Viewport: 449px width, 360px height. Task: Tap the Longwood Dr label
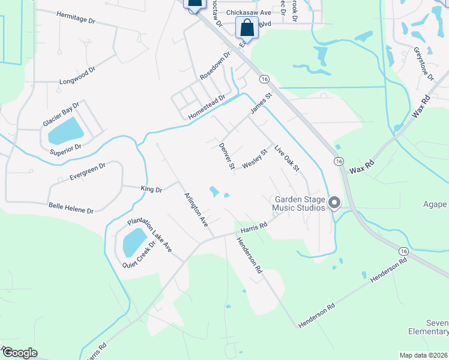pos(77,76)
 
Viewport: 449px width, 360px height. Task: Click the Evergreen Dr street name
pos(87,170)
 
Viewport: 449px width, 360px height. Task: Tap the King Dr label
pos(151,190)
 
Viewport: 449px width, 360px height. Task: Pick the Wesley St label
pos(254,160)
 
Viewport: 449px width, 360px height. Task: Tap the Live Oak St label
pos(286,158)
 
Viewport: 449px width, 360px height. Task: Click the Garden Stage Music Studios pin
pos(335,204)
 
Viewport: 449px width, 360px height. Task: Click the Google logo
pos(19,353)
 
